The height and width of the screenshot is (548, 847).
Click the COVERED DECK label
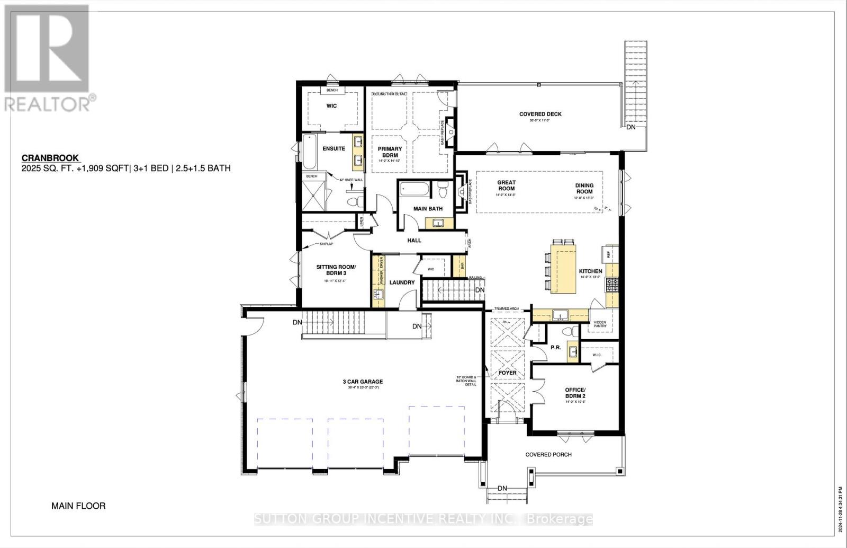[x=540, y=114]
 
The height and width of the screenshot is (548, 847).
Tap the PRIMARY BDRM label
[x=390, y=152]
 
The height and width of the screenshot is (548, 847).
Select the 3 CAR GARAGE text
[x=362, y=382]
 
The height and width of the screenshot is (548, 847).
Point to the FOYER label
[x=507, y=373]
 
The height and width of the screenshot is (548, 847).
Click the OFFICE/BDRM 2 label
[x=575, y=393]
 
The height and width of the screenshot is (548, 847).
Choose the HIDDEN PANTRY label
[x=600, y=324]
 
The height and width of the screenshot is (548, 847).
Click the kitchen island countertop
[x=564, y=268]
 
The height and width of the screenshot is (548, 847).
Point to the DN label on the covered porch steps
[x=502, y=488]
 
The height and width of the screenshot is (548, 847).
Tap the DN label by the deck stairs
[x=631, y=127]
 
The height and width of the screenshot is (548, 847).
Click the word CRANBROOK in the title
[x=50, y=158]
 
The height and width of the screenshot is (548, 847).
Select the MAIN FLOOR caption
[x=78, y=506]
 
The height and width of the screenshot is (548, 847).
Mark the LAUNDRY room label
[x=402, y=282]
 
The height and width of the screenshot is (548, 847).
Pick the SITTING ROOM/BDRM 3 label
[x=336, y=270]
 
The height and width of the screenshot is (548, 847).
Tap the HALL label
[x=414, y=240]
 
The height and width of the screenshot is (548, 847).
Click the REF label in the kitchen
[x=609, y=254]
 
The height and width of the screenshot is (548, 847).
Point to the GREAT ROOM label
[x=506, y=185]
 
